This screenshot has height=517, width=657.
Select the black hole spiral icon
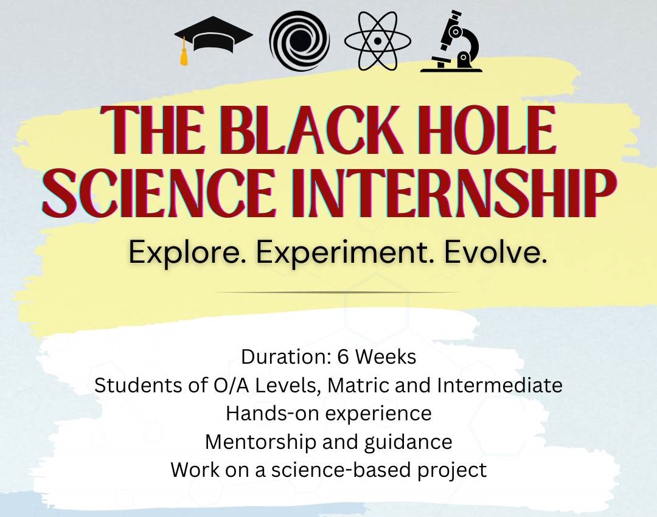[x=299, y=41]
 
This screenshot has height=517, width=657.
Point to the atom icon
[x=378, y=41]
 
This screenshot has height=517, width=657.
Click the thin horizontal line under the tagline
[x=337, y=292]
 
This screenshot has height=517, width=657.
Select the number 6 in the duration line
[x=342, y=357]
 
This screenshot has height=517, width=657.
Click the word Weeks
[x=386, y=357]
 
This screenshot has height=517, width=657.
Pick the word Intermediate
[x=499, y=385]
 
